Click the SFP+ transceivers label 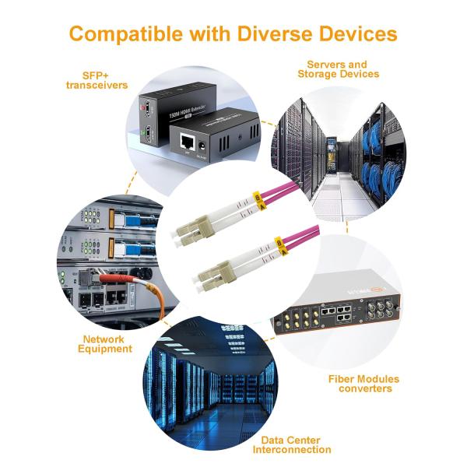pyautogui.click(x=97, y=80)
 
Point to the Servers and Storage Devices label pyautogui.click(x=338, y=68)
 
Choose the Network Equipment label pyautogui.click(x=106, y=344)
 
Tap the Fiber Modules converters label pyautogui.click(x=363, y=383)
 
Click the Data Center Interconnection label pyautogui.click(x=296, y=444)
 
